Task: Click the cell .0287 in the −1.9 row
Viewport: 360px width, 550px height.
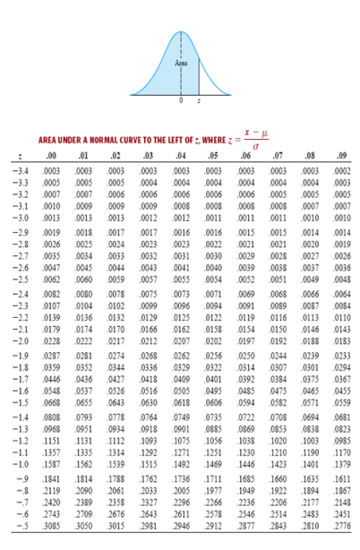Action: point(51,356)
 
